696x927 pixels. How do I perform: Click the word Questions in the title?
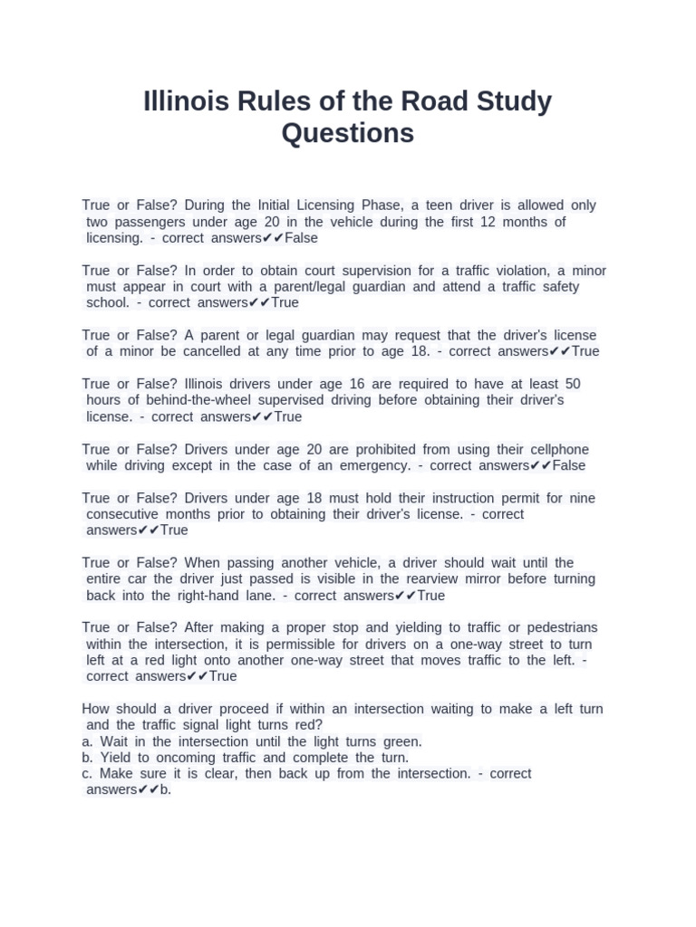click(347, 133)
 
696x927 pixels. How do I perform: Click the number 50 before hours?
click(572, 384)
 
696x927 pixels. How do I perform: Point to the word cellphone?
click(554, 449)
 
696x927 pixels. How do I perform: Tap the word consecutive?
click(126, 514)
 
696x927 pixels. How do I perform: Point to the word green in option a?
click(402, 741)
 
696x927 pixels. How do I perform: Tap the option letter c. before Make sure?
click(87, 774)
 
